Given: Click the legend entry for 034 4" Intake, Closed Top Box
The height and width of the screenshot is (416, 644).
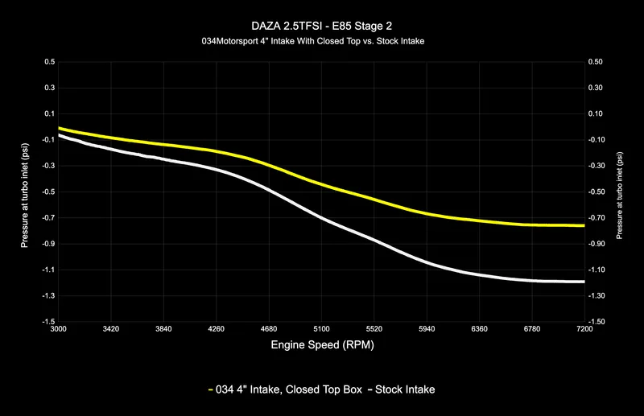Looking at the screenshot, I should tap(283, 390).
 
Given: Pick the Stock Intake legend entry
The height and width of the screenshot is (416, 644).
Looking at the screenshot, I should tap(402, 390).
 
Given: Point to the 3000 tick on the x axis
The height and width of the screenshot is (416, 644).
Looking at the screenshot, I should tap(59, 329).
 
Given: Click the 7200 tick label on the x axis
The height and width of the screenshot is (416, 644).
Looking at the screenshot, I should tap(584, 329).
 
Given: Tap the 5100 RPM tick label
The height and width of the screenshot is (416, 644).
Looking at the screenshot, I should tap(321, 329).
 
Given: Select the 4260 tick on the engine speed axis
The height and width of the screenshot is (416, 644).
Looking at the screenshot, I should tap(217, 329).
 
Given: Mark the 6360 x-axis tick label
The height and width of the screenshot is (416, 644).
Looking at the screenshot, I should tap(479, 329).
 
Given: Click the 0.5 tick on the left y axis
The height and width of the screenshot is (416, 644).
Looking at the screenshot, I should tap(49, 61).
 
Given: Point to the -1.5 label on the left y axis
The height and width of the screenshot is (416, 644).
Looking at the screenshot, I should tap(47, 321).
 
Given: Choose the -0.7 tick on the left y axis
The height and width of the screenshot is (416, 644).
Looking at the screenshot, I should tap(47, 217).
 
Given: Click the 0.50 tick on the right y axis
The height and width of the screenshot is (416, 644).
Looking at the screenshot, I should tap(597, 61).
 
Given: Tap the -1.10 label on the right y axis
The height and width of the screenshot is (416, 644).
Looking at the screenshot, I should tap(599, 270).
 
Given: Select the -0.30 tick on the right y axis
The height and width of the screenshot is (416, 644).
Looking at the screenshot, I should tap(599, 166).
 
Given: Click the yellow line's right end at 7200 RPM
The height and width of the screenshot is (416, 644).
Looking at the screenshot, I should tap(584, 226).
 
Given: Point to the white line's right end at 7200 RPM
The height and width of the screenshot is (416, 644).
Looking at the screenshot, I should tap(584, 282).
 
